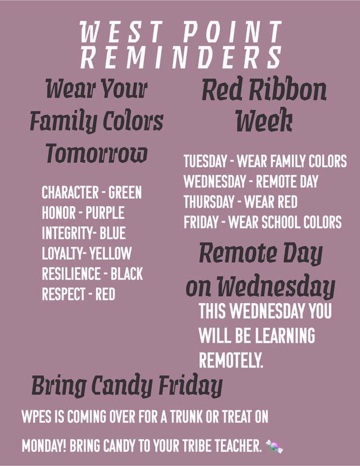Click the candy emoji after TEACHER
coord(274,446)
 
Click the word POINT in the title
coord(232,32)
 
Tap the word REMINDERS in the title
coord(181,58)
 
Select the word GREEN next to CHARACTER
coord(125,192)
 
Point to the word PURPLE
coord(105,213)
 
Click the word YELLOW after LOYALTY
coord(110,253)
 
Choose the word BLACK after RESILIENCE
coord(127,274)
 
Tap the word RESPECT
coord(64,294)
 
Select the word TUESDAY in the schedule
coord(205,161)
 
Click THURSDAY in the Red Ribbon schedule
coord(209,202)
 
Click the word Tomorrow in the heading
coord(96,153)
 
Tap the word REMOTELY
coord(231,360)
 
